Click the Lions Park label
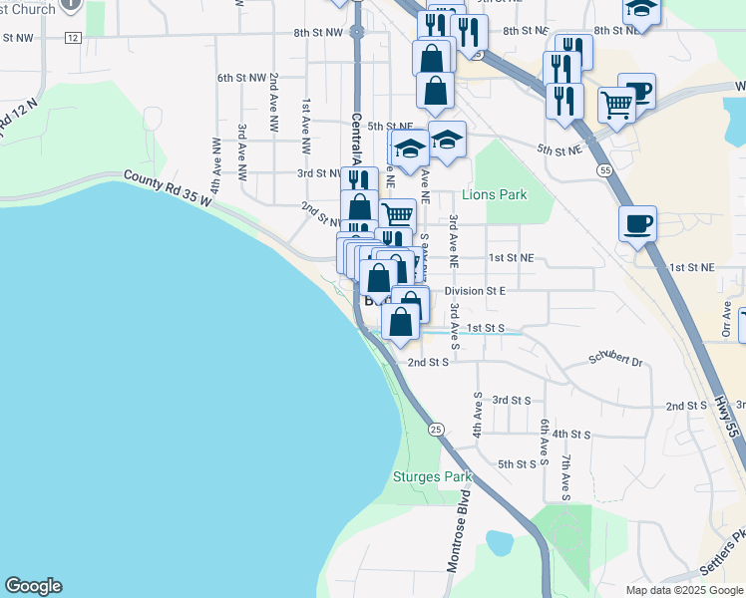(494, 195)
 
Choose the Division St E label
(476, 291)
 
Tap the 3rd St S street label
(512, 400)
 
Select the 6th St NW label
(242, 77)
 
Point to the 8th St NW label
(318, 33)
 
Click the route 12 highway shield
(72, 37)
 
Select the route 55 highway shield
(605, 171)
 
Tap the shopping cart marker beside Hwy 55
(617, 103)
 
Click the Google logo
(33, 586)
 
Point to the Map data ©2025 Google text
(684, 590)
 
